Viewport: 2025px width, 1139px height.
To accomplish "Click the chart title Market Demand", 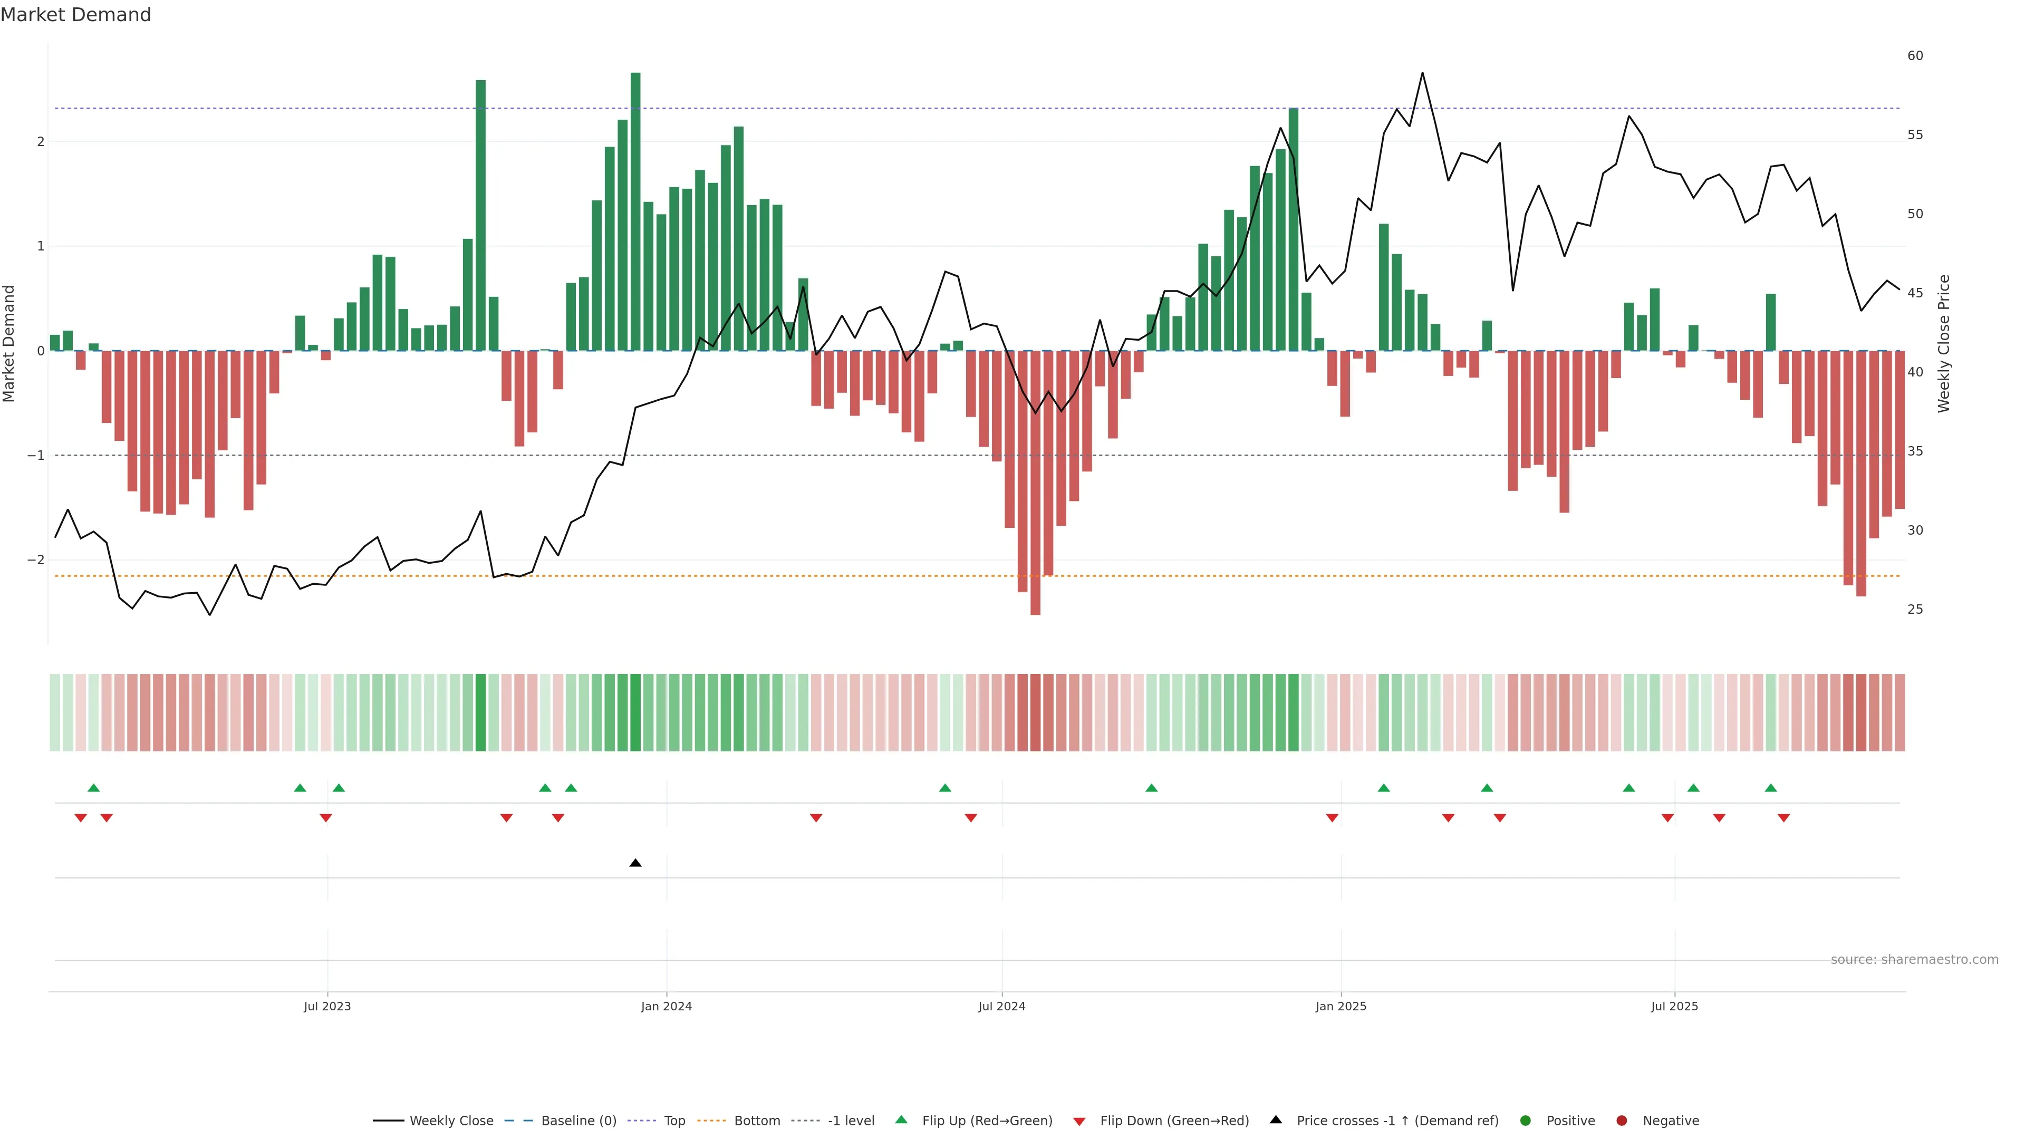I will click(75, 15).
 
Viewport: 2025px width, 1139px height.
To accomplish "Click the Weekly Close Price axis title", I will click(1943, 343).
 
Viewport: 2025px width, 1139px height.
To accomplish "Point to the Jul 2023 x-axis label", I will click(327, 1006).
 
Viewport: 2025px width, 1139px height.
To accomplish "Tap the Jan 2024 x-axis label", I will click(666, 1006).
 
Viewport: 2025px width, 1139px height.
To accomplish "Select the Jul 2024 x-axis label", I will click(1001, 1006).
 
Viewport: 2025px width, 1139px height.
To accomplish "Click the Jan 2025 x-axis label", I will click(1341, 1006).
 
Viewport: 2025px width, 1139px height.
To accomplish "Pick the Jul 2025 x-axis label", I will click(1674, 1006).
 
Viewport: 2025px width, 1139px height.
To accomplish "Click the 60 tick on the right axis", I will click(1915, 56).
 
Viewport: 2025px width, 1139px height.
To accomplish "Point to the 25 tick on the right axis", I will click(1915, 609).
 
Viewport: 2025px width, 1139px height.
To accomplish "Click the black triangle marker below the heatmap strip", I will click(635, 863).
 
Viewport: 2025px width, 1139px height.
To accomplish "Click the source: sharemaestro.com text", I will click(1914, 960).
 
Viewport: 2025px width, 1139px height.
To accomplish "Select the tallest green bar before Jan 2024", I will click(635, 212).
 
